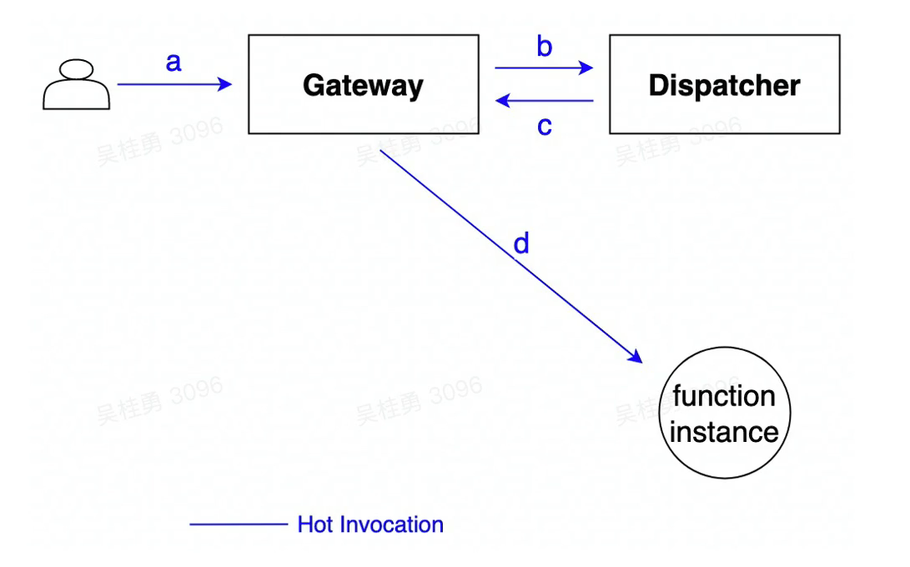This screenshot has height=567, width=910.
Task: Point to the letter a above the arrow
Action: (173, 61)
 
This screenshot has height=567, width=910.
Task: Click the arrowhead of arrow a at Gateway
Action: (225, 84)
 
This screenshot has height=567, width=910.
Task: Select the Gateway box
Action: (363, 84)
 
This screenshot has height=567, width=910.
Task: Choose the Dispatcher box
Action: (724, 84)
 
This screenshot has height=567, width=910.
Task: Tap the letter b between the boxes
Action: (544, 47)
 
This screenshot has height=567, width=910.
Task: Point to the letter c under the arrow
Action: (544, 126)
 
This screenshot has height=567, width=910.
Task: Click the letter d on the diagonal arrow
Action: (521, 243)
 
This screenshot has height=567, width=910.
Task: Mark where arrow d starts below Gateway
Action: (382, 151)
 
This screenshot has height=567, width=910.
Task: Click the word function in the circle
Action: (723, 396)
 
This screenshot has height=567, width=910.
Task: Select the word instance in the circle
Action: (723, 432)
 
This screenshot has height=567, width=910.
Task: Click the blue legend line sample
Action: (238, 524)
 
